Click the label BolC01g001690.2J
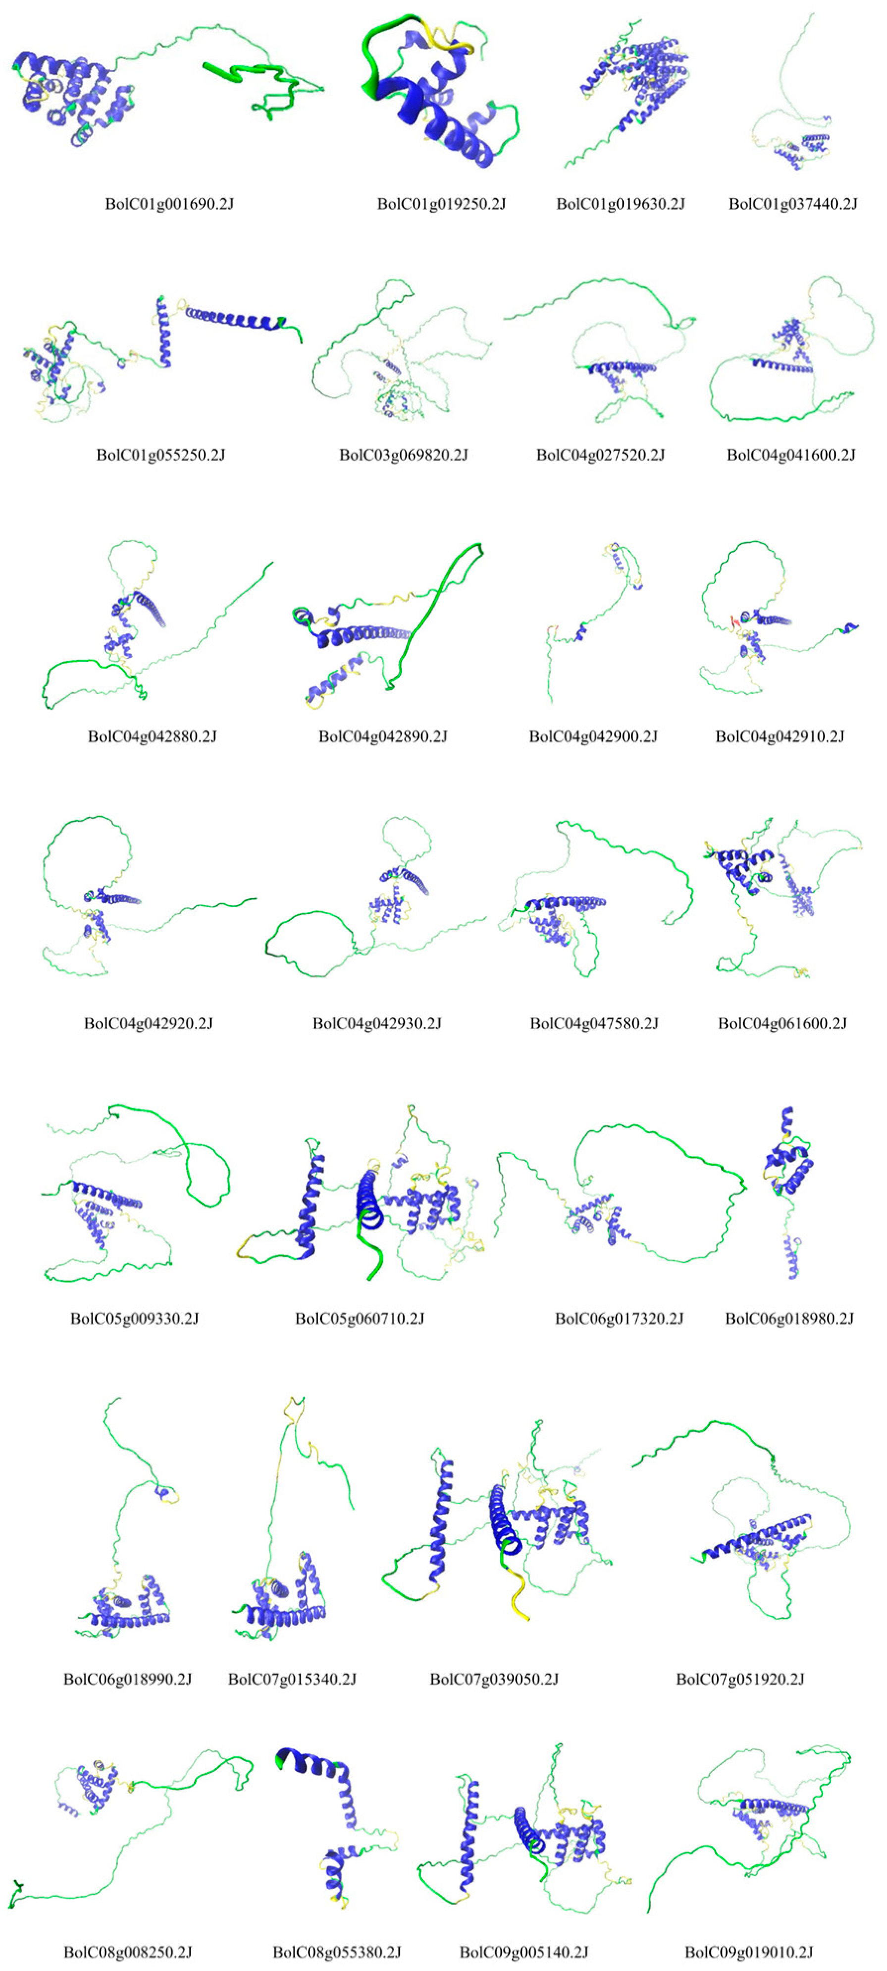click(x=169, y=204)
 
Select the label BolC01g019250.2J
click(x=441, y=204)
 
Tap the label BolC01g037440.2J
click(x=792, y=204)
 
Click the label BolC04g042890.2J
click(x=382, y=736)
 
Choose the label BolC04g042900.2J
click(x=593, y=736)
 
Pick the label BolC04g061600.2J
click(x=782, y=1023)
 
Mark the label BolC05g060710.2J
click(x=360, y=1318)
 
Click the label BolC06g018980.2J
click(x=789, y=1318)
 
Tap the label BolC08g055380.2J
click(x=336, y=1952)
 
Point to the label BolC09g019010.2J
click(x=749, y=1952)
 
